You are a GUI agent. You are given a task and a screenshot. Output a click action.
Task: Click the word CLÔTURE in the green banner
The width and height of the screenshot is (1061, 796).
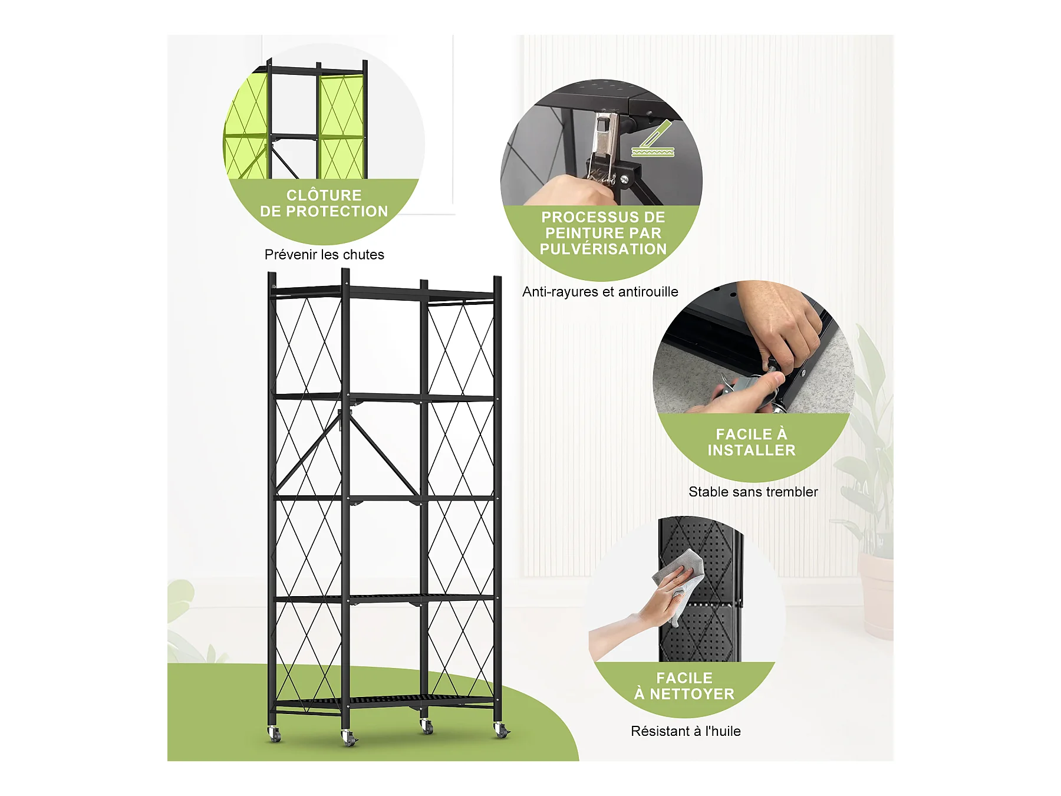pos(324,195)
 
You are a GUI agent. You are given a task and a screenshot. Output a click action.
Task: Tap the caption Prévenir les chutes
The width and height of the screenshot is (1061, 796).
pos(324,255)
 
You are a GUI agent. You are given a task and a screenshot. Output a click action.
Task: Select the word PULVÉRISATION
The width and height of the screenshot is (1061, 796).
pos(603,249)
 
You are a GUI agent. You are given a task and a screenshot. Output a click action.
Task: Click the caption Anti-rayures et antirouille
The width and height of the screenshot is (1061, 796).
pos(600,292)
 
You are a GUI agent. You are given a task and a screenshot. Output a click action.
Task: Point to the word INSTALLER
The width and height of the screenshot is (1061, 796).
pos(752,450)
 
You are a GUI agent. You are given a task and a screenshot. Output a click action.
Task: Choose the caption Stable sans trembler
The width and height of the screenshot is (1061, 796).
pos(753,492)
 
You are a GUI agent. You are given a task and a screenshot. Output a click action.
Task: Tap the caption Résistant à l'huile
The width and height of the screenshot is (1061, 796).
pos(686,731)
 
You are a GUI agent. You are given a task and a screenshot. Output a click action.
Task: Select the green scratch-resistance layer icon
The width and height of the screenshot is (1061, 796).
pos(653,139)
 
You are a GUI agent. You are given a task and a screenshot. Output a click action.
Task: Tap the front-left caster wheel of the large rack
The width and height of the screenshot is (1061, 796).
pos(274,733)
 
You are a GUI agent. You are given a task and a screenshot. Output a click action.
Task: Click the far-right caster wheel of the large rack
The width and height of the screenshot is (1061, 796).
pos(501,731)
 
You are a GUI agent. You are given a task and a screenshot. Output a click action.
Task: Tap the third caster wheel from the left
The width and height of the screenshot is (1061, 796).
pos(426,726)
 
